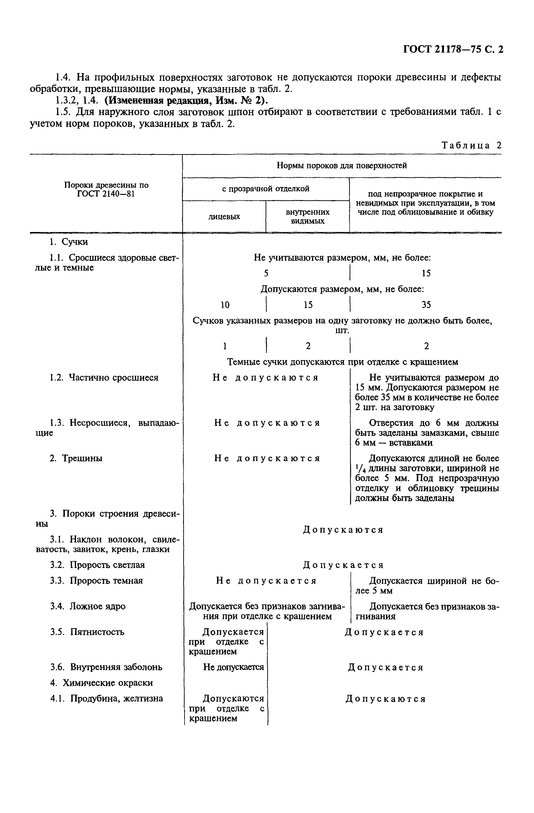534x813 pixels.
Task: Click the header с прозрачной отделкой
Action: click(265, 188)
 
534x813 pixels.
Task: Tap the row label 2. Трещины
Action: click(76, 458)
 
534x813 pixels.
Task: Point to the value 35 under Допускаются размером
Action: click(426, 305)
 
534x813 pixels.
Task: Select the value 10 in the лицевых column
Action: click(225, 305)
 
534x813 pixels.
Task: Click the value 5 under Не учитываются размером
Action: click(266, 273)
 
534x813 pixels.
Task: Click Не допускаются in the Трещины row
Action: click(267, 458)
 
